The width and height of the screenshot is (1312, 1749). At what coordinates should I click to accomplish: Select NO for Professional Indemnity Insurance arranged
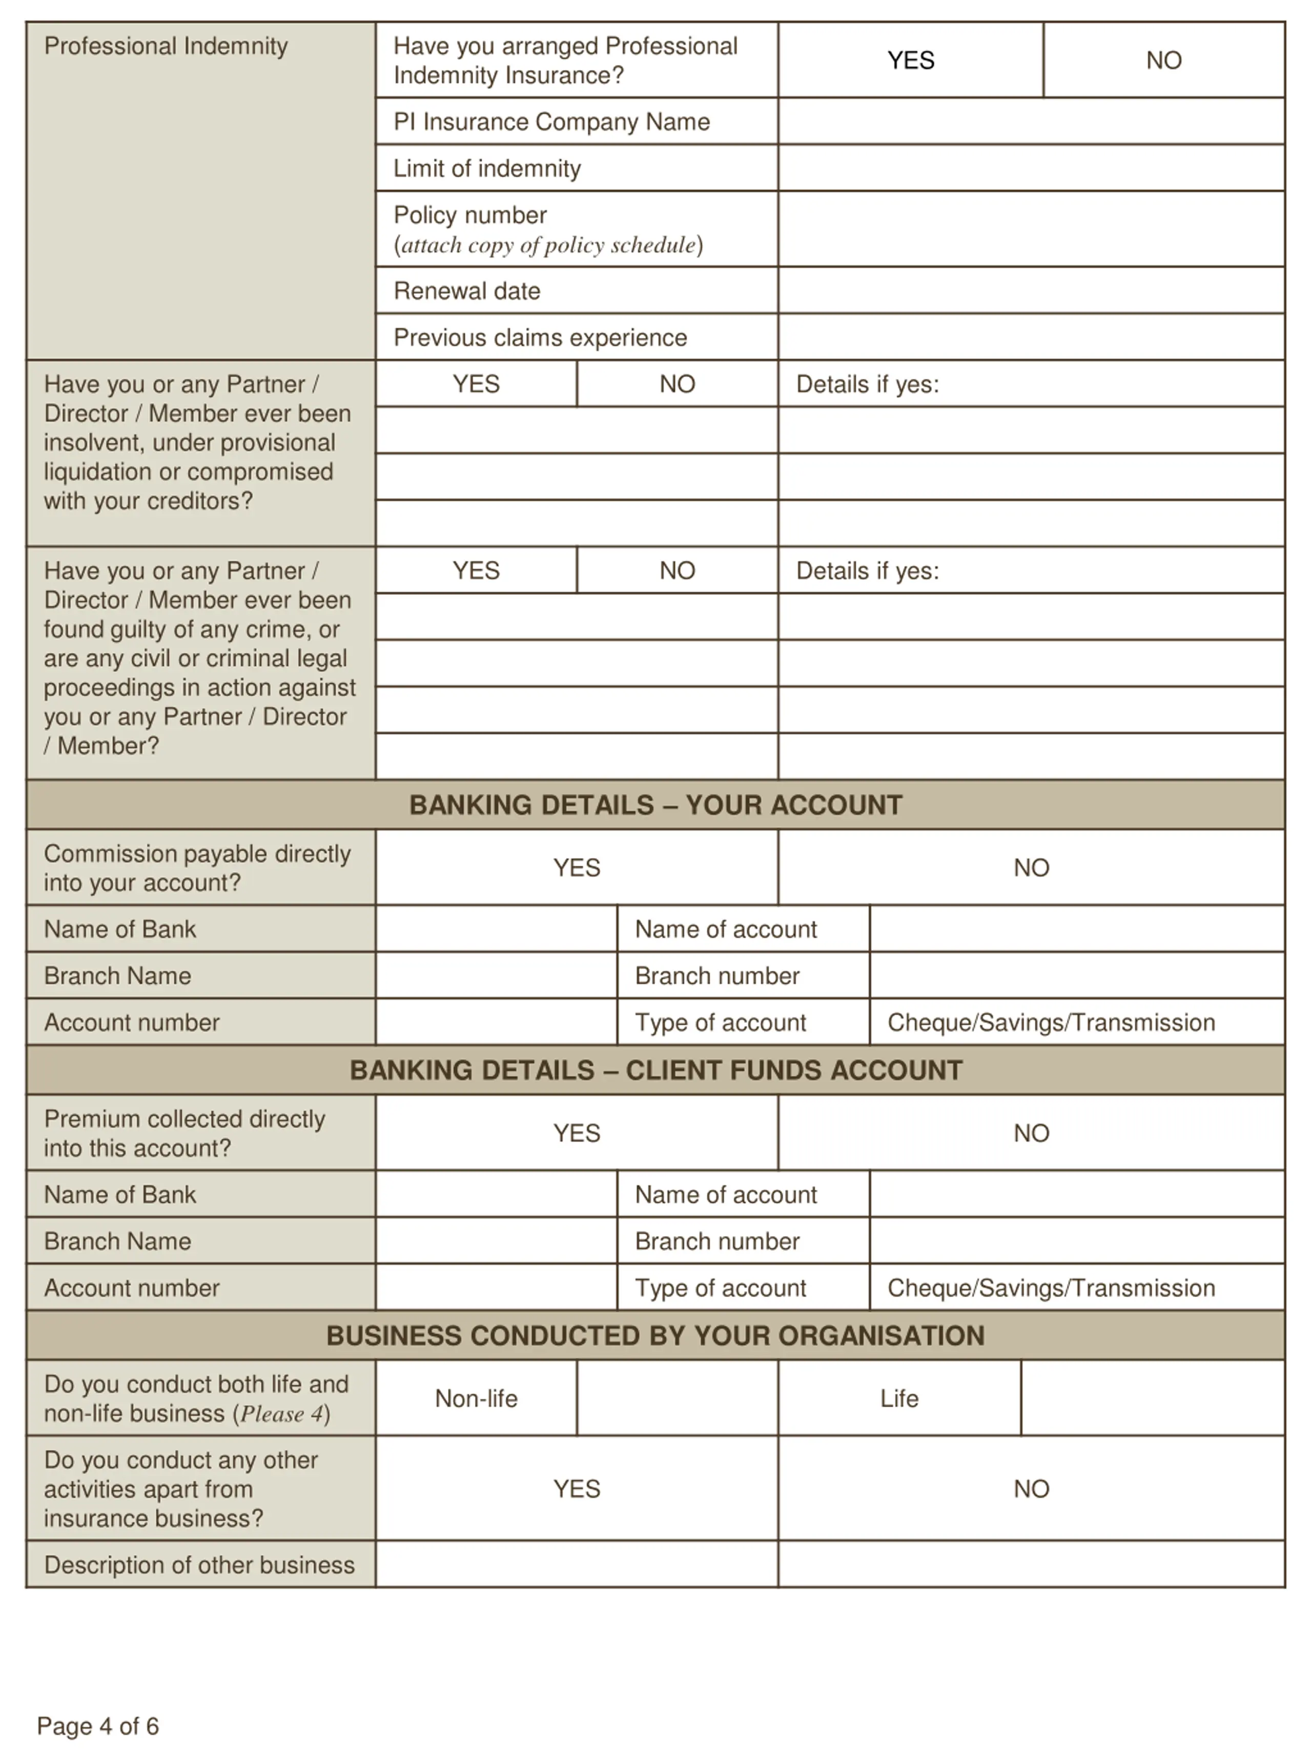(1163, 60)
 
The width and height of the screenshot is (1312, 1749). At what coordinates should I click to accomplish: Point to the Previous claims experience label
(540, 338)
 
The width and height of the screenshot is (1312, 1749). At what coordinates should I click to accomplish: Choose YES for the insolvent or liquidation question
(476, 384)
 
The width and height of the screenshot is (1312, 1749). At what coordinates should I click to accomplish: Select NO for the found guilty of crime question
(677, 571)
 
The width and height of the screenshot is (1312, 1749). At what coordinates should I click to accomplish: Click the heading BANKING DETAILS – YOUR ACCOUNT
(655, 805)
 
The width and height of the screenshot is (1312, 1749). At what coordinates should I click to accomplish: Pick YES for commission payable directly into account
(577, 868)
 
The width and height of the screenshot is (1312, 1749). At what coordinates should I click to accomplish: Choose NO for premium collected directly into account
(1031, 1133)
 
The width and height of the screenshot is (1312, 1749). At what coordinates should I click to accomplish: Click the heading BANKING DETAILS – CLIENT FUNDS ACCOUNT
(655, 1070)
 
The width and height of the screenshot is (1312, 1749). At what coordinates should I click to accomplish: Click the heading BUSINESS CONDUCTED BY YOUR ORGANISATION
(655, 1335)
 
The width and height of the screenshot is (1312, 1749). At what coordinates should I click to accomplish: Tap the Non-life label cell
(476, 1398)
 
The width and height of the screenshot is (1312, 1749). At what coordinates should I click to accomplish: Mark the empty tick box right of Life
(1152, 1398)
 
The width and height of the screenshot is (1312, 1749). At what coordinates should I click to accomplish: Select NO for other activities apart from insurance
(1031, 1489)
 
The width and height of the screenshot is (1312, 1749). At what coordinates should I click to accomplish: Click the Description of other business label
(199, 1565)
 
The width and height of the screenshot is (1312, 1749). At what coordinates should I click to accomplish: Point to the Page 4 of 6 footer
(98, 1726)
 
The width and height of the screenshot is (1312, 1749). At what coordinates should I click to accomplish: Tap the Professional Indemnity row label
(166, 46)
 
